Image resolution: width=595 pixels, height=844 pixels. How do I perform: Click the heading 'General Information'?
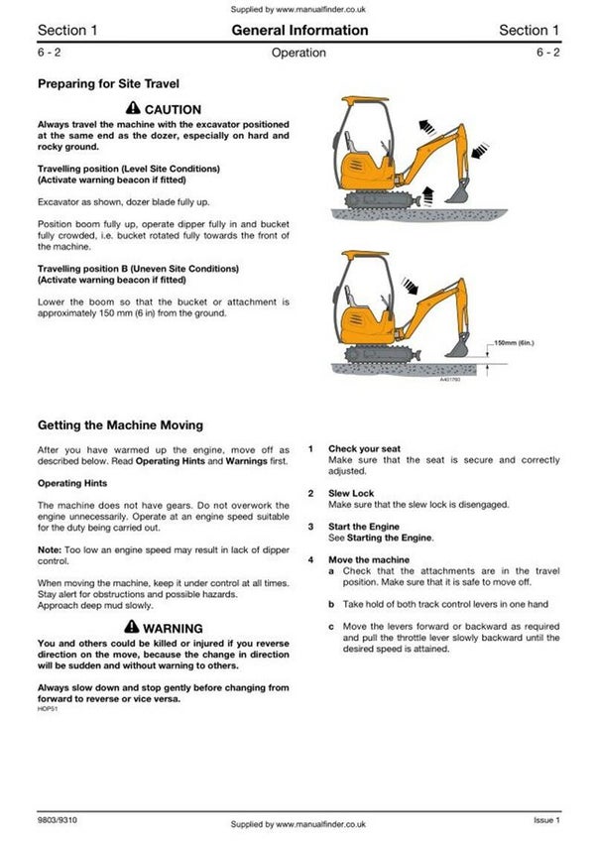coord(299,31)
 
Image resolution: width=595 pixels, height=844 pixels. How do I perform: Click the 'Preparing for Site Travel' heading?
coord(108,84)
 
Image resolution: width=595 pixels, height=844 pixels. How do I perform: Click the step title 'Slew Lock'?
coord(351,493)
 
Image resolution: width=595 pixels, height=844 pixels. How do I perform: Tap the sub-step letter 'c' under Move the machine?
coord(331,627)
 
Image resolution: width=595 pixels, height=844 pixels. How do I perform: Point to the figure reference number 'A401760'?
coord(452,379)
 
